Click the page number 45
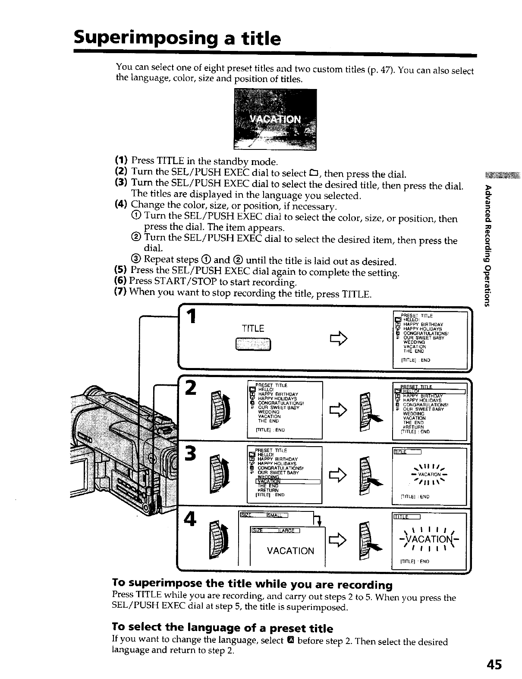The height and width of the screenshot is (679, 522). [x=493, y=664]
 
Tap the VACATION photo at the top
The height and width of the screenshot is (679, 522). [x=275, y=119]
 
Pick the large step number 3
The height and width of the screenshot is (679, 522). [x=191, y=454]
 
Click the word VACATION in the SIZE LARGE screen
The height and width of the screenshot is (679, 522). [x=290, y=551]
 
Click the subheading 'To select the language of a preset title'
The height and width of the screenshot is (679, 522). [x=222, y=628]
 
